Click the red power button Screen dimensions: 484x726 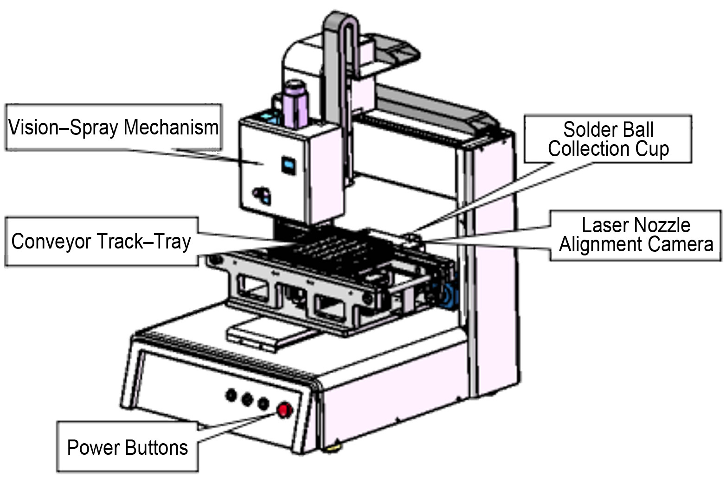(283, 410)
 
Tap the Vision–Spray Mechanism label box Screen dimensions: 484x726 (114, 127)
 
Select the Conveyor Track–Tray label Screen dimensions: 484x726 (102, 242)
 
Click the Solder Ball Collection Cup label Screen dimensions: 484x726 (608, 139)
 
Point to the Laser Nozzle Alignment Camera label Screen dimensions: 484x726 (636, 235)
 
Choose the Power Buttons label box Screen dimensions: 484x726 (128, 447)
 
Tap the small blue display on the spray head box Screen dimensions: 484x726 (289, 165)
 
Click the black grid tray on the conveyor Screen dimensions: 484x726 (325, 248)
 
